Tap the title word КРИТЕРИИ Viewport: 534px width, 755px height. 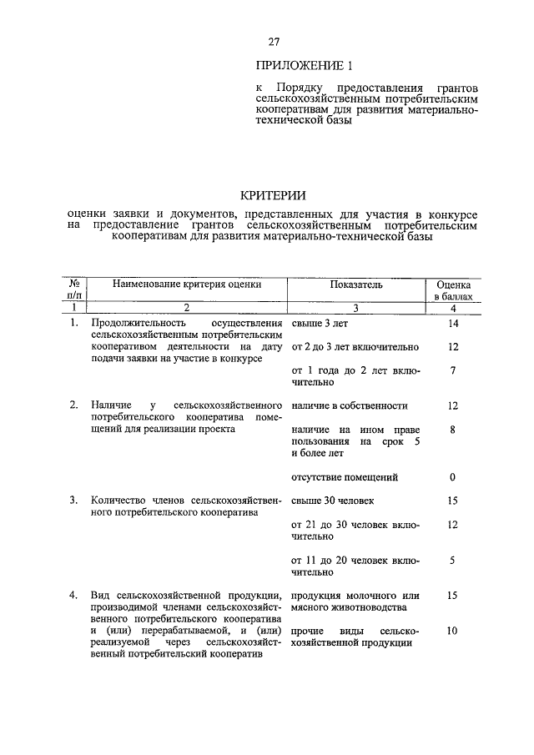click(273, 195)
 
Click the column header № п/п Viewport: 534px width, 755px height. click(74, 289)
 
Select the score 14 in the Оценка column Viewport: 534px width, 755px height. click(453, 323)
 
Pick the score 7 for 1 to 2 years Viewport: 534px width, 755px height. click(452, 370)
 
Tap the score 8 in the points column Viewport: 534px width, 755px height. click(452, 430)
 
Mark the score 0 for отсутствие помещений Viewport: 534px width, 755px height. click(452, 477)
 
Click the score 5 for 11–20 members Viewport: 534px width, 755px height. click(452, 561)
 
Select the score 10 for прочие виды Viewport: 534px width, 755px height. click(452, 632)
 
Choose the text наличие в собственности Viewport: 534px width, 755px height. click(349, 405)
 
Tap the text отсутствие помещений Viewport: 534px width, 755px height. click(345, 477)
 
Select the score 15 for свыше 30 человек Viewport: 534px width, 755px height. click(452, 501)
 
